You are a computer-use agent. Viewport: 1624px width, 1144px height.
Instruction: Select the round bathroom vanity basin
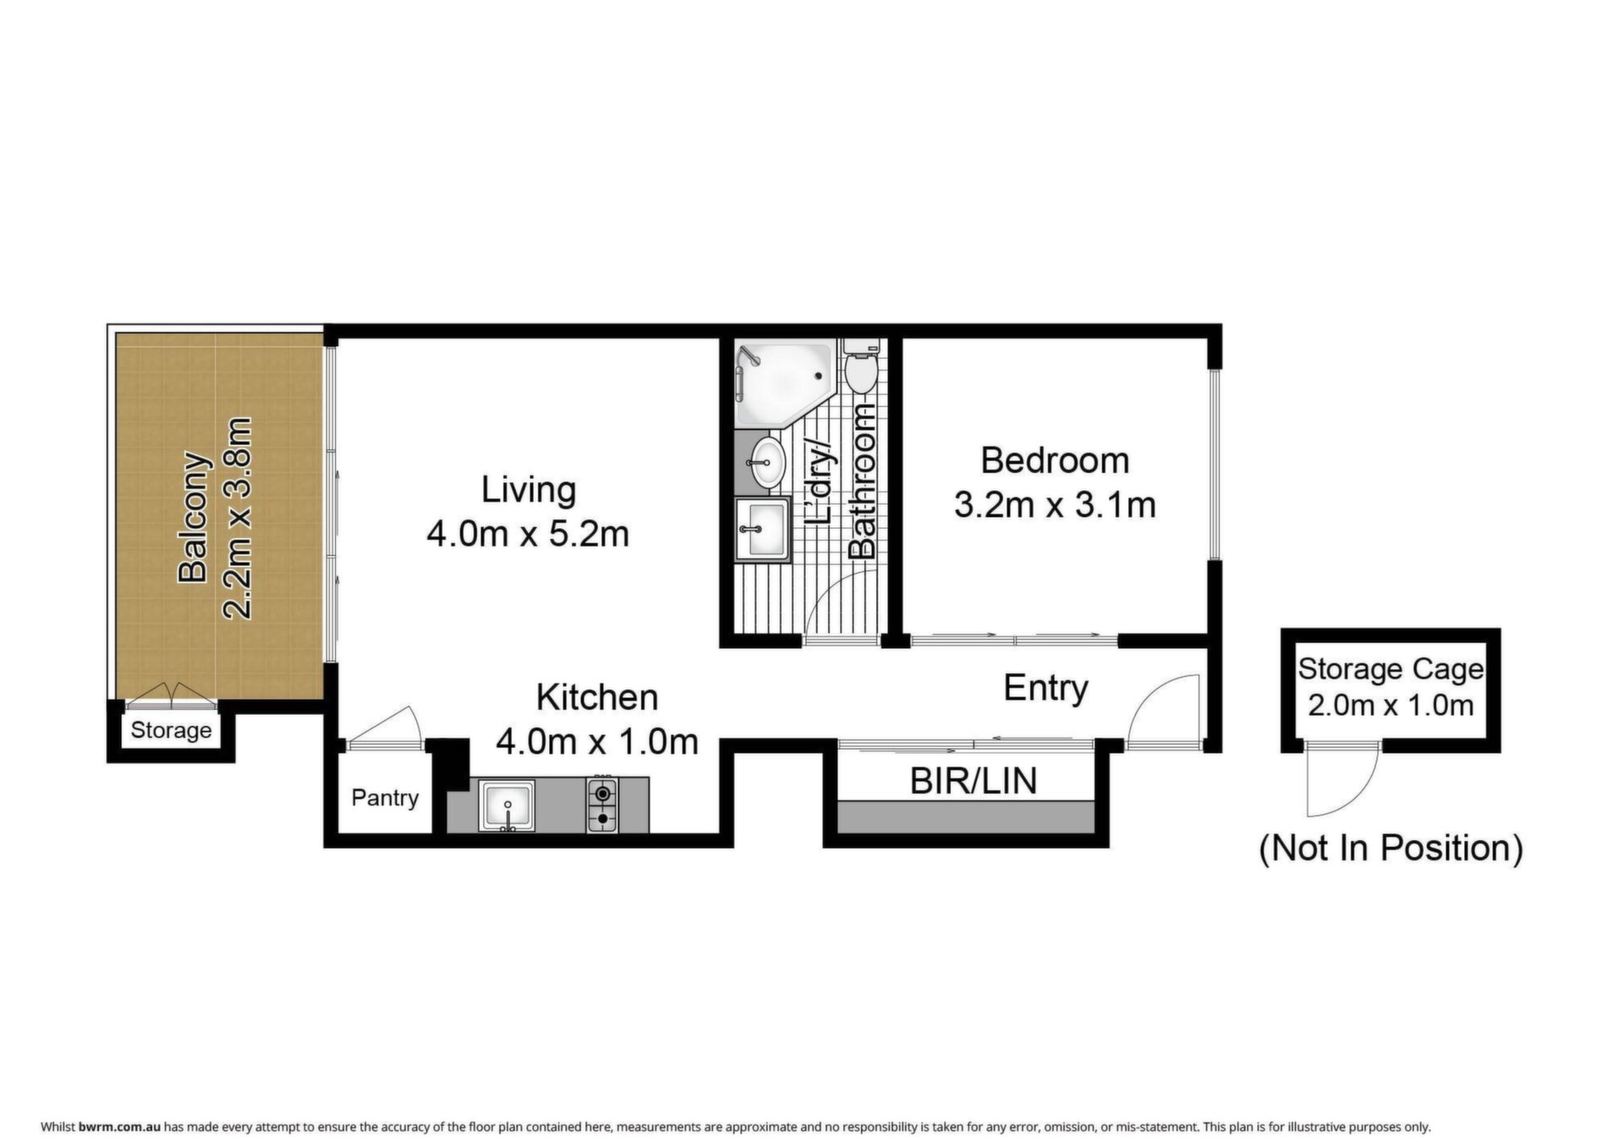coord(769,462)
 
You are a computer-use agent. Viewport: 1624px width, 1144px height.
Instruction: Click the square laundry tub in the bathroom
coord(762,530)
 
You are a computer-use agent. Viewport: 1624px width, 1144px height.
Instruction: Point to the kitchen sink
coord(507,805)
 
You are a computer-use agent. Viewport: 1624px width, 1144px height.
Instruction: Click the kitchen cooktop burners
coord(602,805)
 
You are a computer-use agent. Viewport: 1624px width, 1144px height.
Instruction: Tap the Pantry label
coord(385,798)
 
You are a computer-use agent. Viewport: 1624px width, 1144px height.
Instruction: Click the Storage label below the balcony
coord(171,729)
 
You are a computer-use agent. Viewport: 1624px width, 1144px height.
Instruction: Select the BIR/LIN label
coord(973,781)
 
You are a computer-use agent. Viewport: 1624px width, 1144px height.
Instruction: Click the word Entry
coord(1045,688)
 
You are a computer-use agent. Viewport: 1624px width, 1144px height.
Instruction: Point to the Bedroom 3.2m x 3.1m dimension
coord(1055,505)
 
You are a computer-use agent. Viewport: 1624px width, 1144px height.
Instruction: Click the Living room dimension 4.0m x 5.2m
coord(528,534)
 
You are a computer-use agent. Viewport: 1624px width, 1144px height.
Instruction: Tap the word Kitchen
coord(597,697)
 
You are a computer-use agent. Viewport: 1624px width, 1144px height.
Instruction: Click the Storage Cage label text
coord(1391,669)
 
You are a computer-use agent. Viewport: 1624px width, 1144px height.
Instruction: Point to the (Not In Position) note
coord(1391,848)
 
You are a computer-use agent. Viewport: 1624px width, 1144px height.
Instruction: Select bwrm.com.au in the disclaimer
coord(119,1127)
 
